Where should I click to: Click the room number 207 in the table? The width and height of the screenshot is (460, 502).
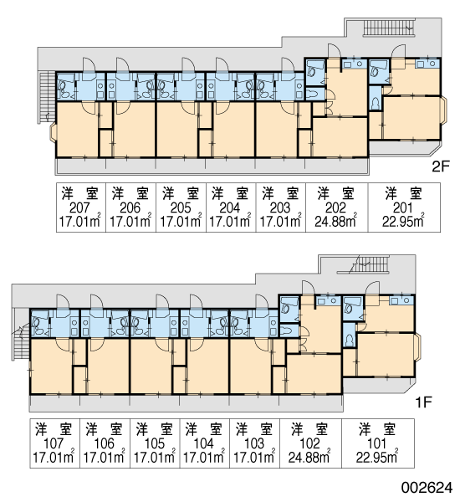coord(79,208)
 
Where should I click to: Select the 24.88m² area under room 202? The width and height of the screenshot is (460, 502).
coord(335,221)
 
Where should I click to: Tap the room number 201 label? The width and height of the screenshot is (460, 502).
coord(403,208)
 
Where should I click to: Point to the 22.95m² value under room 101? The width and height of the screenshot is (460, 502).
coord(377,457)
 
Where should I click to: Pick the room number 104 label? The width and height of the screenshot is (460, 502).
coord(203,443)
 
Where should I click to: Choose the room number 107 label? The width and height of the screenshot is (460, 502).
coord(54,443)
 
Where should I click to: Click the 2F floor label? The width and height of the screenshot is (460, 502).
coord(441,166)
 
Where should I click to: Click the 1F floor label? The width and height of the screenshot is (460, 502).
coord(424,402)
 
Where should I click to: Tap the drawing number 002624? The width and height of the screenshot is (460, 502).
coord(427,488)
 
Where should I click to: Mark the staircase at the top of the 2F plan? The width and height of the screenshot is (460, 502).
coord(389,27)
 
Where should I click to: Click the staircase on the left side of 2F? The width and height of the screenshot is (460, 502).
coord(47,97)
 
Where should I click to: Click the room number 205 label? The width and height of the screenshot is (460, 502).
coord(181,208)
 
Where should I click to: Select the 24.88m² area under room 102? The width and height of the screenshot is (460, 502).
coord(309,457)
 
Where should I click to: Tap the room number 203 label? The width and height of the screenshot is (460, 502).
coord(280,208)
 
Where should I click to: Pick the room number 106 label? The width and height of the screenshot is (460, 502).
coord(104,443)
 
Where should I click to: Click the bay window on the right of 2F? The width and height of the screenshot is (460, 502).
coord(444,110)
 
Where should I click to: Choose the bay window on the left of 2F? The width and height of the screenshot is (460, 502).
coord(54,132)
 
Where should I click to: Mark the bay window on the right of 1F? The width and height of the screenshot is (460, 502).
coord(417,346)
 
